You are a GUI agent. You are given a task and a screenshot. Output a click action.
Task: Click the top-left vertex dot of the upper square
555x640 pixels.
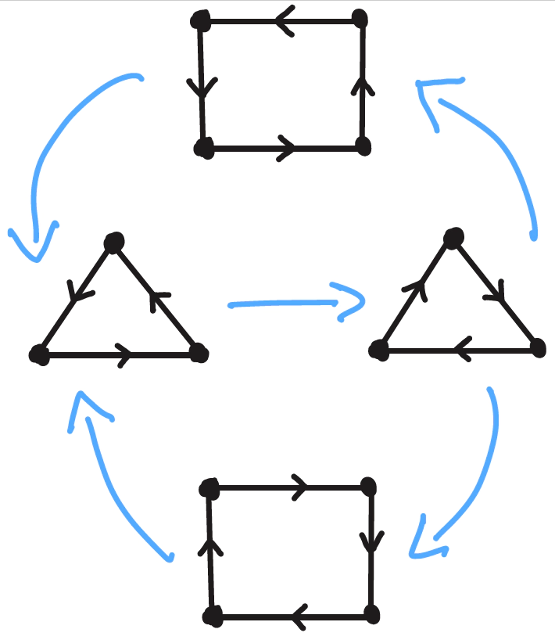(201, 20)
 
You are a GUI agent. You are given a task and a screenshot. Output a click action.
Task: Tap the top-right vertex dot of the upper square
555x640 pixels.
(360, 19)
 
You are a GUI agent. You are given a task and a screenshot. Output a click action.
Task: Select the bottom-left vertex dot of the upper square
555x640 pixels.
(203, 147)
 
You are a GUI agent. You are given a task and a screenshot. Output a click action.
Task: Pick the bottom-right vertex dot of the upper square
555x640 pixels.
(362, 146)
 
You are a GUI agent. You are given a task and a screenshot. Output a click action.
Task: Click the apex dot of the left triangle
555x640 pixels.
(114, 243)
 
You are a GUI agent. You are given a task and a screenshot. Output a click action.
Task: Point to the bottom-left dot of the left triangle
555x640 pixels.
(38, 355)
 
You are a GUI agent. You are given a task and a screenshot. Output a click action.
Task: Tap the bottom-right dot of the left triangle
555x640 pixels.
(199, 354)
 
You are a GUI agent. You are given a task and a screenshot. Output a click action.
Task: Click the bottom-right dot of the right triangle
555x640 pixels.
(537, 349)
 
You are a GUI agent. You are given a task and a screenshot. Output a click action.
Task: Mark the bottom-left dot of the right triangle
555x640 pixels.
(380, 351)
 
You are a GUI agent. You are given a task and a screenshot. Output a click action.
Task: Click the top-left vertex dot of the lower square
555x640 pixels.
(209, 489)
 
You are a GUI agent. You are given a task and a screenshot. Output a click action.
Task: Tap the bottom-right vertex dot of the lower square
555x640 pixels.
(371, 613)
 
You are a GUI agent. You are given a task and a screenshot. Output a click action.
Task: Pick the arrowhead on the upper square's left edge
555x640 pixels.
(202, 88)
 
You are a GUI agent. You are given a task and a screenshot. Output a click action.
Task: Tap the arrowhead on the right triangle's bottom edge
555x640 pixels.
(461, 351)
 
